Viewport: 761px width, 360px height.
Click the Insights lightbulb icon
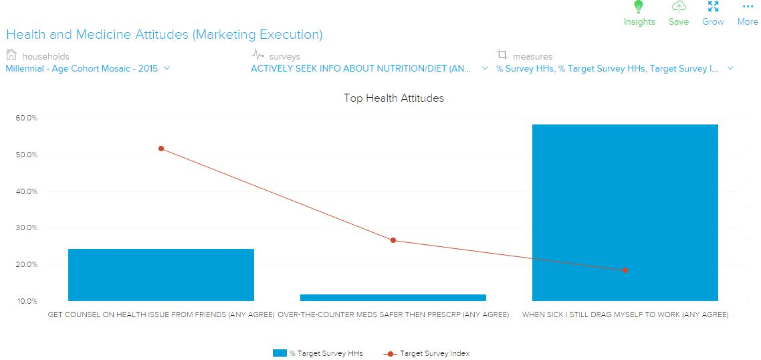[639, 7]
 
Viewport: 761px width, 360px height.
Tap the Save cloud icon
[679, 7]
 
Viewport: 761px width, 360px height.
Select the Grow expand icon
[713, 7]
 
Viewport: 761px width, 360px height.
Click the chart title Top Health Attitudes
[393, 98]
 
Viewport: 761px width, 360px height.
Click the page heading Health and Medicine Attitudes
[164, 34]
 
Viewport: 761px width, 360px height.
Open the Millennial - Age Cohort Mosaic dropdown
[88, 68]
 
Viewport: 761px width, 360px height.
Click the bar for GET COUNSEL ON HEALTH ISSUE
[161, 275]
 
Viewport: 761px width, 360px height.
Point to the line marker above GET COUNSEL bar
[161, 149]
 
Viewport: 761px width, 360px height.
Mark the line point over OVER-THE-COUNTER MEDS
[393, 240]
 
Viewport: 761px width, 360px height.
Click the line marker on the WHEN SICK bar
[625, 270]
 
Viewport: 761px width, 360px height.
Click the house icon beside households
[11, 56]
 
